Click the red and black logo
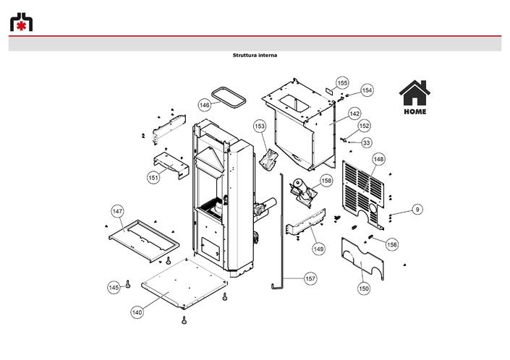(x=21, y=22)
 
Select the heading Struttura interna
(x=255, y=55)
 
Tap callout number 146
(x=204, y=105)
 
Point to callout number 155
(x=342, y=83)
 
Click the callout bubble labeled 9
(x=417, y=210)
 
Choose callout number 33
(x=367, y=142)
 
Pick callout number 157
(x=310, y=278)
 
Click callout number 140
(x=137, y=312)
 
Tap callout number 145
(x=114, y=288)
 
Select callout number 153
(x=260, y=126)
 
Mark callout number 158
(x=326, y=180)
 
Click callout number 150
(x=364, y=288)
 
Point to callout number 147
(x=117, y=212)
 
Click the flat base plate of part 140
(x=184, y=283)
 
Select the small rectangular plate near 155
(x=330, y=90)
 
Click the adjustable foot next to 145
(x=128, y=284)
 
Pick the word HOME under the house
(x=415, y=111)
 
